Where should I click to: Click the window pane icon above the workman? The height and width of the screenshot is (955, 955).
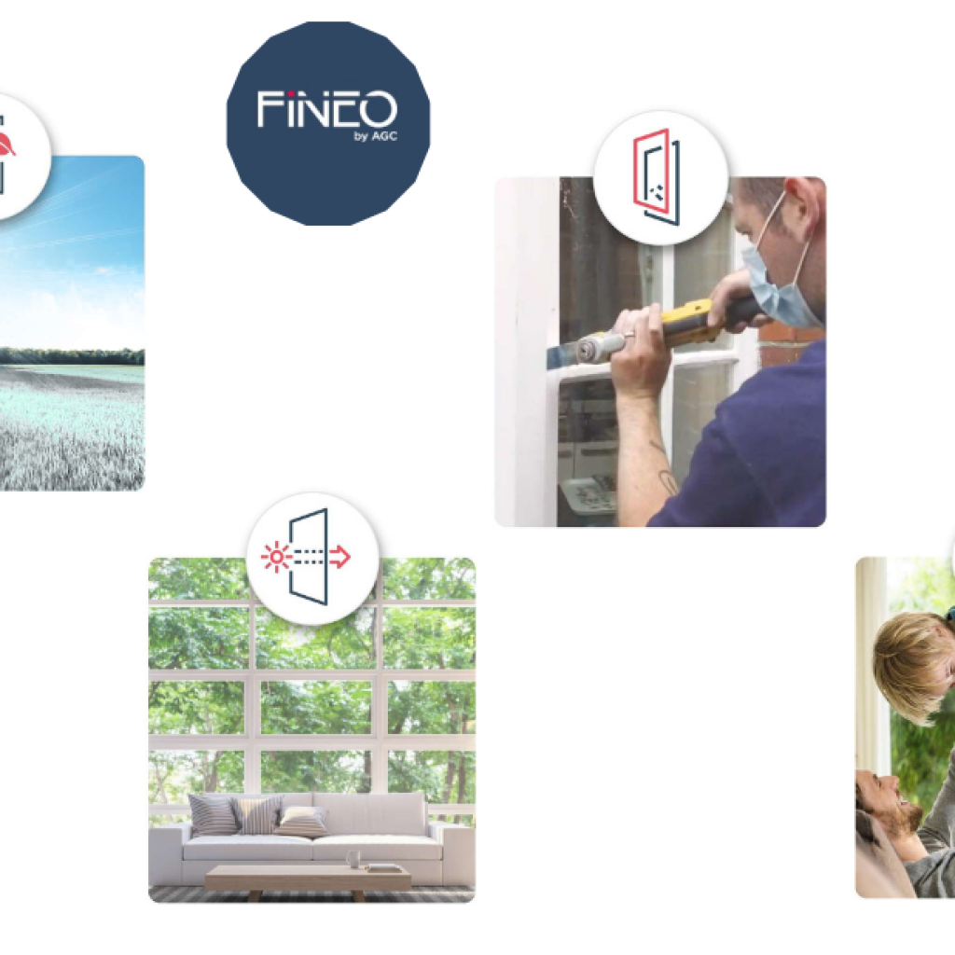658,176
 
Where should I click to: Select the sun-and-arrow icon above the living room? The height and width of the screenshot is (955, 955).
312,558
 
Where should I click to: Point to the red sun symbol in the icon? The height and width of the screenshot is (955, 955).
275,558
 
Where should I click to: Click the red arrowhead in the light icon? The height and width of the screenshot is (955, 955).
342,558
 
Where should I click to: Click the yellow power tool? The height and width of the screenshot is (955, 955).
690,322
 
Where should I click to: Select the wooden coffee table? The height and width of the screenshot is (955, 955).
308,878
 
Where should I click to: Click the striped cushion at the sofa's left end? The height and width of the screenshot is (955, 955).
213,814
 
